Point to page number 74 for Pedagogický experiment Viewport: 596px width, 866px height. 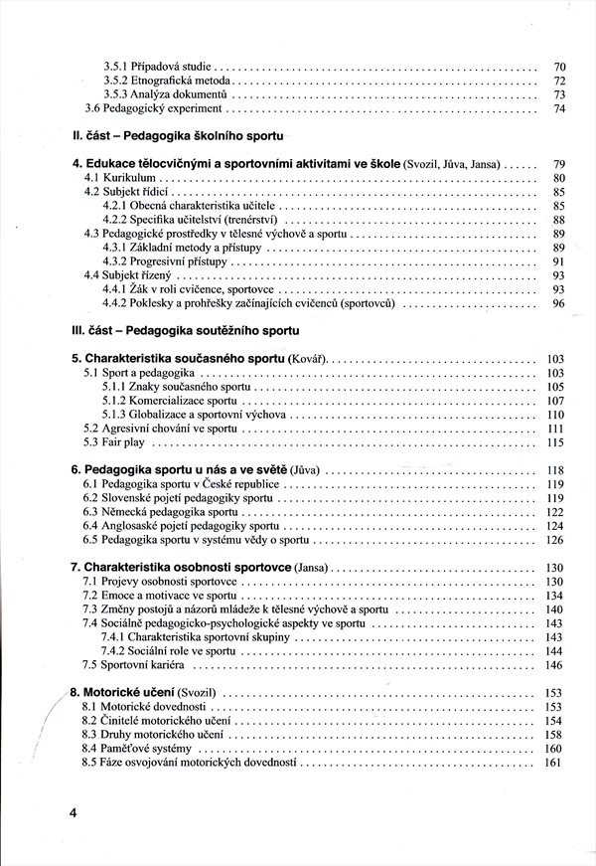click(559, 108)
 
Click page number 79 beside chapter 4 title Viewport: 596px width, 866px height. click(559, 162)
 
